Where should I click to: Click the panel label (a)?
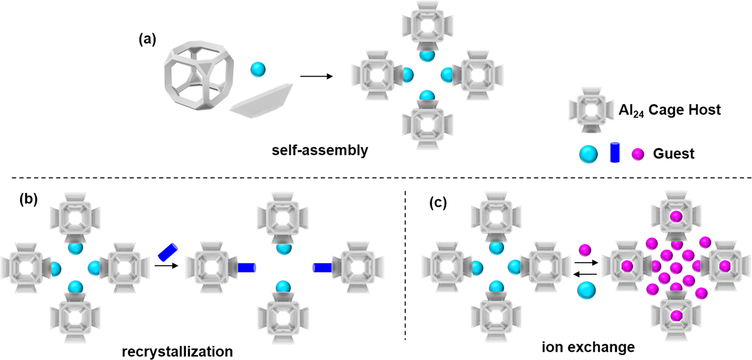click(x=148, y=40)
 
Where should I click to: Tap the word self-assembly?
click(x=315, y=150)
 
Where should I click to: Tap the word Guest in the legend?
click(x=674, y=153)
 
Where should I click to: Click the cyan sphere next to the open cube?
click(x=257, y=70)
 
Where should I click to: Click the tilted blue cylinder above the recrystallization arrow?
click(x=168, y=252)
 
